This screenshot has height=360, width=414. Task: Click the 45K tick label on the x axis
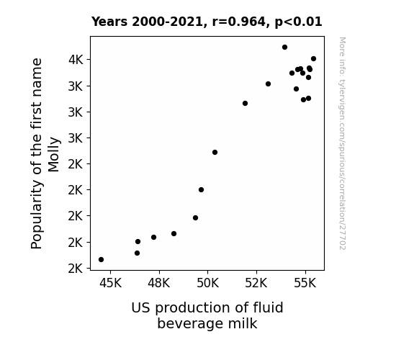110,283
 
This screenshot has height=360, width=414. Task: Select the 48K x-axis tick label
159,283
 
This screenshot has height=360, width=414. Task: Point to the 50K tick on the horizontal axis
208,283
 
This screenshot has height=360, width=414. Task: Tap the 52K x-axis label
256,283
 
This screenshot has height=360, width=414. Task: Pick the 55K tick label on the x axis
305,283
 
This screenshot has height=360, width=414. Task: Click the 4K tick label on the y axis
76,60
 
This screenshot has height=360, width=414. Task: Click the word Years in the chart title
109,22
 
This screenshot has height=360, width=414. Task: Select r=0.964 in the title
239,22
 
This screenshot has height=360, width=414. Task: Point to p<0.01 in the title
298,22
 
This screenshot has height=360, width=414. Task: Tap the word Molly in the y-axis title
53,155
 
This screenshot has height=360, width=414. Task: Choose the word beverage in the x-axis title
190,323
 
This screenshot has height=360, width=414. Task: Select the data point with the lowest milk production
101,260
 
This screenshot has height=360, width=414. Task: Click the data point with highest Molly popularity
284,48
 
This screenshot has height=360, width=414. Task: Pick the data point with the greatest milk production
313,58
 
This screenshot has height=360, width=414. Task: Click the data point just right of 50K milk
215,152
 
